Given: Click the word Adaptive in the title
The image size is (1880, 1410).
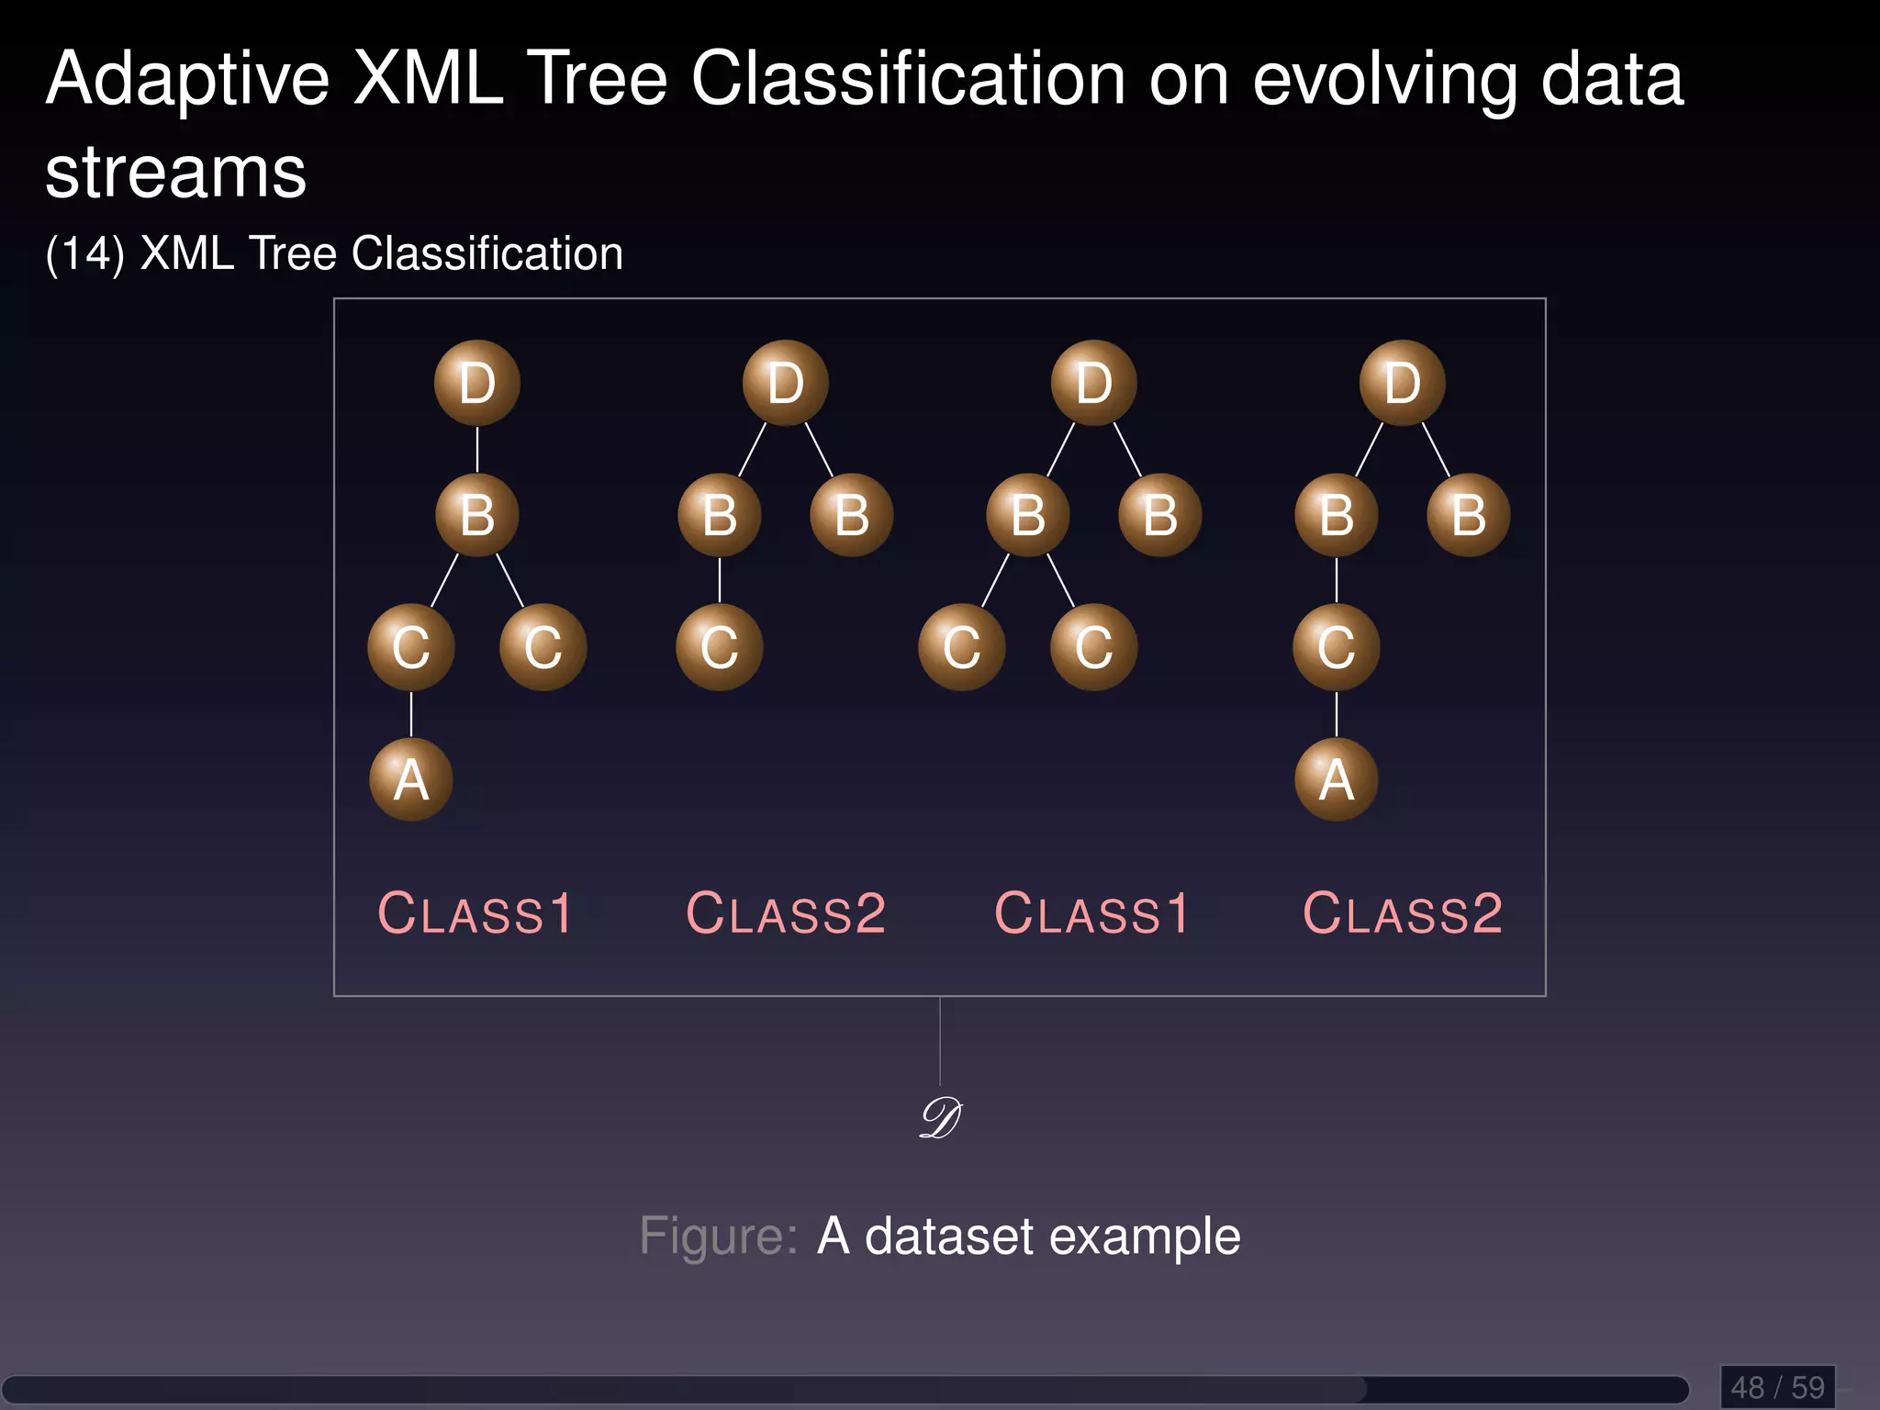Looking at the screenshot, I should tap(187, 81).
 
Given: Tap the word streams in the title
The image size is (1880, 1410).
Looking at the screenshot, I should tap(175, 173).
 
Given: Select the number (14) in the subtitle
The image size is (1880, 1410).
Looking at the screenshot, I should tap(84, 253).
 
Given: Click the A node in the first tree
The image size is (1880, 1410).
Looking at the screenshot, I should tap(411, 779).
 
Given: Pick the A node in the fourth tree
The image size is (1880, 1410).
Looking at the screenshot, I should tap(1337, 779).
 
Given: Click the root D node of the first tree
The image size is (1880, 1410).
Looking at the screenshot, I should tap(477, 383).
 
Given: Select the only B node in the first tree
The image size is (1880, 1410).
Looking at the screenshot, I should tap(477, 515).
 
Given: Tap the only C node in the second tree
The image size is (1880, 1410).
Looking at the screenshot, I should tap(720, 647).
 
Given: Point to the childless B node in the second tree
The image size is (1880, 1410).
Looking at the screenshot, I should tap(852, 515).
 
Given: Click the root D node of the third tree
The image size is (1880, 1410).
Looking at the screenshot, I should tap(1094, 383).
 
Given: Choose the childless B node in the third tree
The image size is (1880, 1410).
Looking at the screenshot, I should tap(1160, 515).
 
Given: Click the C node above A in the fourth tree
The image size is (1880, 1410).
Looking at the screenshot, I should tap(1337, 647).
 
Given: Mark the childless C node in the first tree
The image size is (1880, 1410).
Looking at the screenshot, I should tap(543, 647).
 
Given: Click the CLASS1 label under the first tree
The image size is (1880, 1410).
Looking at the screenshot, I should tap(476, 914).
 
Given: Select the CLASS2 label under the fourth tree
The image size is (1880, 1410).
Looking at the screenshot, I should tap(1403, 914).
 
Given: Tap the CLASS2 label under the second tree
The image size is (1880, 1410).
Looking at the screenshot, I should tap(786, 914).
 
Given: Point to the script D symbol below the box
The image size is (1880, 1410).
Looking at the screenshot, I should tap(940, 1119).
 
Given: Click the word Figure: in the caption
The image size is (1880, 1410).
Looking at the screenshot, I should tap(719, 1237).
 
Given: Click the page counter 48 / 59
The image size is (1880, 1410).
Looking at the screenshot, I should tap(1778, 1387).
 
